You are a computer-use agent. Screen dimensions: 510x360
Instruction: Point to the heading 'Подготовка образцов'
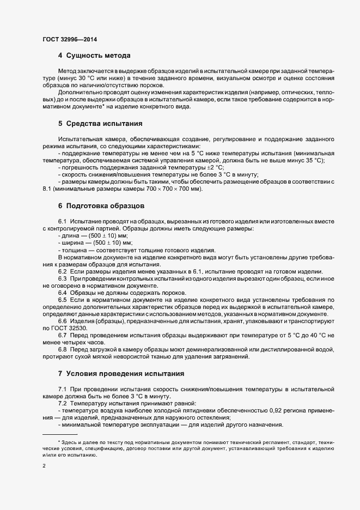pos(105,206)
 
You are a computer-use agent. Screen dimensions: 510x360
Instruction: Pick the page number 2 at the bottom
pos(44,466)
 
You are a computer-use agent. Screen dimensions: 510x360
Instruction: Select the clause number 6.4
pos(62,293)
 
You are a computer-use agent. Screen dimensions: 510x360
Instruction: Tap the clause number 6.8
pos(62,349)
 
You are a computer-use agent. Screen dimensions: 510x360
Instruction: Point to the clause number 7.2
pos(62,403)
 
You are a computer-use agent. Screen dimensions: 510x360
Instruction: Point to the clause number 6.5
pos(62,300)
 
